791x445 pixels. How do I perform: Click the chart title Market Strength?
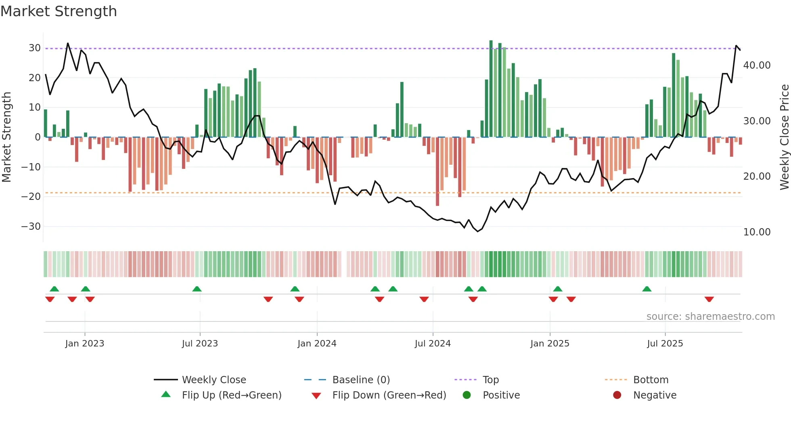tap(59, 11)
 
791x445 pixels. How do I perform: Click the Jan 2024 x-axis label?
tap(317, 344)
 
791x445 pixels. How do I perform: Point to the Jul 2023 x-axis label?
tap(200, 344)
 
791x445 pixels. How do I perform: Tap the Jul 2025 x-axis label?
tap(665, 344)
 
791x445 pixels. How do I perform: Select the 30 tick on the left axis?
tap(35, 48)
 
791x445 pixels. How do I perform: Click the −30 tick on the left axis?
tap(31, 227)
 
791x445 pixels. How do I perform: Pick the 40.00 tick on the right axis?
tap(757, 65)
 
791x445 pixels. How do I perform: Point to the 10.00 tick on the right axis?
tap(757, 232)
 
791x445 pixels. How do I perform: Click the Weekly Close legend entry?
tap(213, 380)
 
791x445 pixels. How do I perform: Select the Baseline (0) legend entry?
tap(361, 380)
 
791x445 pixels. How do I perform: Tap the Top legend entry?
tap(490, 380)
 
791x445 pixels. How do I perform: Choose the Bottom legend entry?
tap(651, 380)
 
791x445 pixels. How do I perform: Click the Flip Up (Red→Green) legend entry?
tap(231, 395)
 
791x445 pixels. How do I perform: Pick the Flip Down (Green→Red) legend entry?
tap(389, 395)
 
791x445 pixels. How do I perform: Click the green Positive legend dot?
tap(467, 395)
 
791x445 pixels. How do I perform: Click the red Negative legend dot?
tap(617, 395)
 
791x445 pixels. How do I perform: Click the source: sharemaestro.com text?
tap(710, 317)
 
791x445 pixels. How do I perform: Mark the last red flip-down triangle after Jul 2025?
tap(709, 299)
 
